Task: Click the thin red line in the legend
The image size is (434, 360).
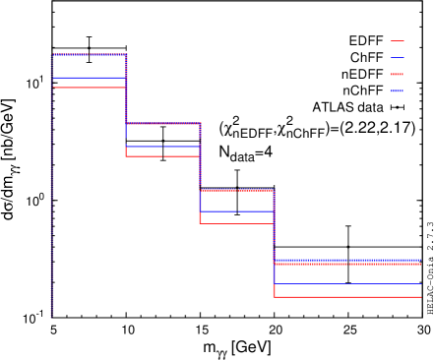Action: click(x=397, y=41)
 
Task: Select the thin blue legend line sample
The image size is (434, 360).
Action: click(x=397, y=58)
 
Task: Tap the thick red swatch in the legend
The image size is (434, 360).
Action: click(x=397, y=74)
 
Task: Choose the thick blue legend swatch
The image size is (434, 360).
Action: click(x=397, y=90)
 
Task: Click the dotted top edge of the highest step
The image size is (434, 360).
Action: click(x=90, y=54)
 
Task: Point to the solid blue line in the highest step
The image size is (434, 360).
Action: click(x=90, y=77)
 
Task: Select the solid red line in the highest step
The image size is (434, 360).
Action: click(x=90, y=88)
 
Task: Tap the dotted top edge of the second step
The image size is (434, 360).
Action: click(x=163, y=123)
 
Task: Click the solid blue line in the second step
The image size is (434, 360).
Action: click(x=163, y=146)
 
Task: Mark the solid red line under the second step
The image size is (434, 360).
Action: click(x=163, y=155)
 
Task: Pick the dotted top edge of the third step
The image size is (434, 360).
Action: click(x=237, y=190)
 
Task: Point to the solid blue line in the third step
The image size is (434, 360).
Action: click(x=237, y=211)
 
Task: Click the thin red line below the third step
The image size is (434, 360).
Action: click(x=237, y=223)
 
